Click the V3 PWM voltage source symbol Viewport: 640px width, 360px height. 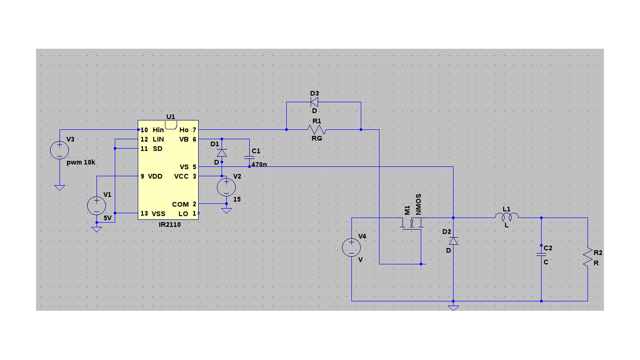point(60,150)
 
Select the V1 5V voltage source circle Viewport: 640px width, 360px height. point(97,206)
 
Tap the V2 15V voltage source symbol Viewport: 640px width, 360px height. point(226,187)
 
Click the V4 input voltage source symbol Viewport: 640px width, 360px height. point(351,247)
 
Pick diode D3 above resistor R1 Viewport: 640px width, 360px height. point(314,102)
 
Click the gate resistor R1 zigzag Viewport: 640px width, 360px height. point(317,129)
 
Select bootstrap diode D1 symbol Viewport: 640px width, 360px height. point(222,152)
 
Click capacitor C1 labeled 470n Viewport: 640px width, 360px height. point(249,157)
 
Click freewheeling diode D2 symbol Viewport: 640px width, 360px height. point(453,241)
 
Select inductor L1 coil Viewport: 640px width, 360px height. point(507,217)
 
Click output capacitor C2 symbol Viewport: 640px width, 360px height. point(541,254)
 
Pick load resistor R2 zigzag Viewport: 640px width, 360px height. point(588,257)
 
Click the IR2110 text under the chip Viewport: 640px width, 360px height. point(170,225)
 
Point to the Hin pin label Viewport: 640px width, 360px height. point(158,130)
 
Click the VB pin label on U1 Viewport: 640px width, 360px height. point(184,139)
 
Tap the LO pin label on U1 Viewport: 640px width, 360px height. point(183,213)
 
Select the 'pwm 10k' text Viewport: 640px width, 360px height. point(81,162)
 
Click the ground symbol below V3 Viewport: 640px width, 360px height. point(60,187)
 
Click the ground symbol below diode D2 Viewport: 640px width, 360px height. point(453,307)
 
